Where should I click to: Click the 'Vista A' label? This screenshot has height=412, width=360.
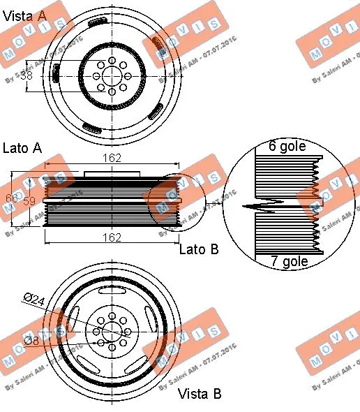point(27,16)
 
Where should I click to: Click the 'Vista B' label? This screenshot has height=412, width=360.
point(200,394)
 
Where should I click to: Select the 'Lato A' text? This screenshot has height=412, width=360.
point(22,147)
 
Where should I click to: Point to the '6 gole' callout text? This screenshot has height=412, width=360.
point(289,147)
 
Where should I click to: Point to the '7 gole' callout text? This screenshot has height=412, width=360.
point(289,262)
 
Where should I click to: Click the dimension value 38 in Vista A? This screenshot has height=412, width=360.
point(27,75)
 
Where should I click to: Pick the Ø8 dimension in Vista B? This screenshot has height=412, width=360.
point(32,340)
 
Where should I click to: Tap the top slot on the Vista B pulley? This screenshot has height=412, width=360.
point(112,288)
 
